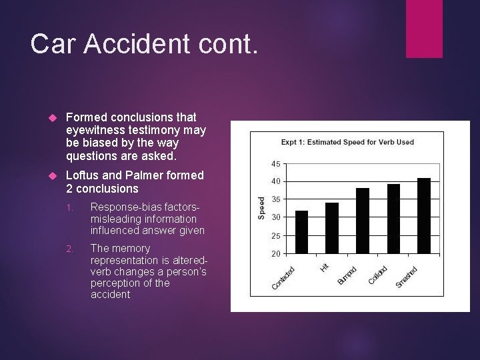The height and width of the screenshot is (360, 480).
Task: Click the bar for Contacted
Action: coord(301,231)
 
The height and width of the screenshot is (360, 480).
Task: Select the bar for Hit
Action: coord(332,227)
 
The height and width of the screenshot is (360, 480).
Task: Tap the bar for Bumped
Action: coord(363,220)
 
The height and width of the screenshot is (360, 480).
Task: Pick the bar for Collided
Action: coord(393,218)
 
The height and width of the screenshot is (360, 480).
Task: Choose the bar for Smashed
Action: coord(424,215)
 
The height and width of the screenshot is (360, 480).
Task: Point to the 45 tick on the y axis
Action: coord(276,163)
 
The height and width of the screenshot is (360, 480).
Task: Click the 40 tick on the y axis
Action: coord(276,181)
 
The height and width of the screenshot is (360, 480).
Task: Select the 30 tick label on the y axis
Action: coord(276,217)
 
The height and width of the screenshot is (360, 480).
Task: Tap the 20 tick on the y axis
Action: coord(276,253)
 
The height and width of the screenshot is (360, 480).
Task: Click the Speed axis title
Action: coord(262,207)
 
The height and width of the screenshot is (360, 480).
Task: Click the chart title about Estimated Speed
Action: coord(347,141)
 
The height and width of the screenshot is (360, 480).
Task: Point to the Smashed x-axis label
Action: coord(407,277)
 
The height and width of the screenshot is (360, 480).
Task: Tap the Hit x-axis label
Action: coord(324,266)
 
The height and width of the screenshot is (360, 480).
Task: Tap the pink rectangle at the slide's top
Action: coord(424,29)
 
